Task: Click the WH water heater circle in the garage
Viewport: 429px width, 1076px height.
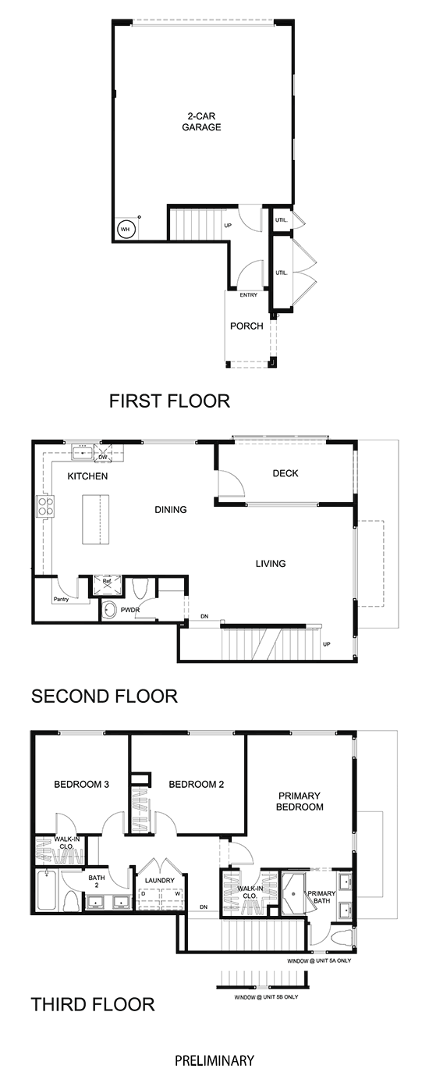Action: coord(126,229)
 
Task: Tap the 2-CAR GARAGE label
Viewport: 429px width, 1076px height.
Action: coord(201,122)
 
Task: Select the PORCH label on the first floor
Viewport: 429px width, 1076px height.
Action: coord(246,326)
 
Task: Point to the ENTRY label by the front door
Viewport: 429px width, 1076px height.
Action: coord(249,295)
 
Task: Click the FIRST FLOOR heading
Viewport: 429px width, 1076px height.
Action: coord(169,401)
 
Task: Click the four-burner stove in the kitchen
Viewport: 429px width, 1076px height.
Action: coord(45,506)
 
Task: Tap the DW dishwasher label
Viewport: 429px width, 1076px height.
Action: coord(103,458)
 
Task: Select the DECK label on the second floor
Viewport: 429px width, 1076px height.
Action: coord(285,473)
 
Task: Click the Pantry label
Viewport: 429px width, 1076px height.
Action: coord(61,599)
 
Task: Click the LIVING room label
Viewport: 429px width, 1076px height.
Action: coord(271,564)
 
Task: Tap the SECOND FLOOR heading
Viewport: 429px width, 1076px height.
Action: coord(105,696)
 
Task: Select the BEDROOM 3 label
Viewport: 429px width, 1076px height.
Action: coord(82,785)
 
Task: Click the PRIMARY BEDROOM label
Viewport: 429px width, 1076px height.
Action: coord(300,801)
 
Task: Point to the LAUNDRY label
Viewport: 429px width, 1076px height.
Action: coord(160,881)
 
